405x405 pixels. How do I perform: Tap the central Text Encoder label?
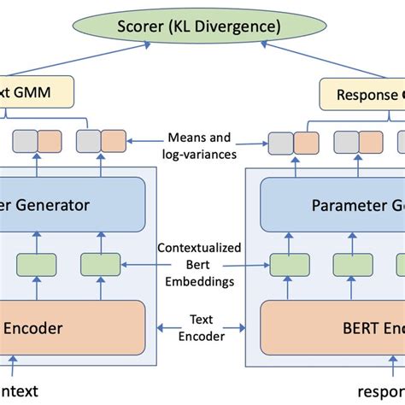[202, 329]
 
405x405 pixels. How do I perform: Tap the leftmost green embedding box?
[34, 263]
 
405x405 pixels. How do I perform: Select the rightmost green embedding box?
[371, 263]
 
